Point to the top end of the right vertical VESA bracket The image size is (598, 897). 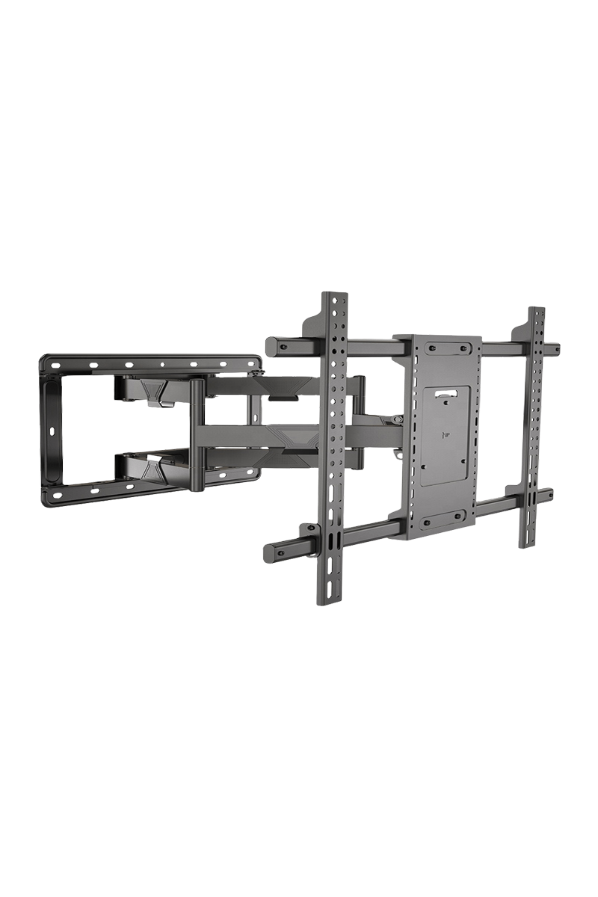pos(537,312)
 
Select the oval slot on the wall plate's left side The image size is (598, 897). pos(52,432)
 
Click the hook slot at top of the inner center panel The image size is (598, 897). pos(446,391)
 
